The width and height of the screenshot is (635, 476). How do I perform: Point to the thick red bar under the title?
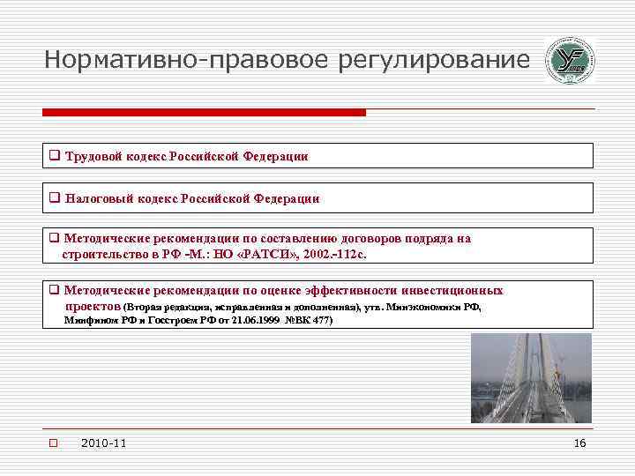click(x=204, y=113)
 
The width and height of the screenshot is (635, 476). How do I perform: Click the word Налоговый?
click(x=100, y=199)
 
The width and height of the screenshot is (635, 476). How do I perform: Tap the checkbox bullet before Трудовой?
click(x=55, y=156)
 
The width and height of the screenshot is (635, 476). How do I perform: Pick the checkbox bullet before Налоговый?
click(x=55, y=199)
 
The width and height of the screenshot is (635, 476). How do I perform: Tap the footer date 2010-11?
click(x=102, y=443)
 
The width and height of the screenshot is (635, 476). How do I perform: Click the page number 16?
click(x=579, y=443)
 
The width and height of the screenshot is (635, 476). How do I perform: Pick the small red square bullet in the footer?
click(x=52, y=443)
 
